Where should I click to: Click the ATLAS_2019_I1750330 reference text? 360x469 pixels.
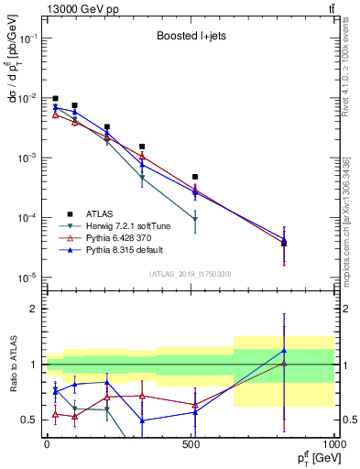pos(190,274)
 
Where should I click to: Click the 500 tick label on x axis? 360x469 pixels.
pos(191,443)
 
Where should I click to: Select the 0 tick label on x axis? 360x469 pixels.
pos(47,443)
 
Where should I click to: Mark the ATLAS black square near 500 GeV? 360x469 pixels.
pos(195,177)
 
